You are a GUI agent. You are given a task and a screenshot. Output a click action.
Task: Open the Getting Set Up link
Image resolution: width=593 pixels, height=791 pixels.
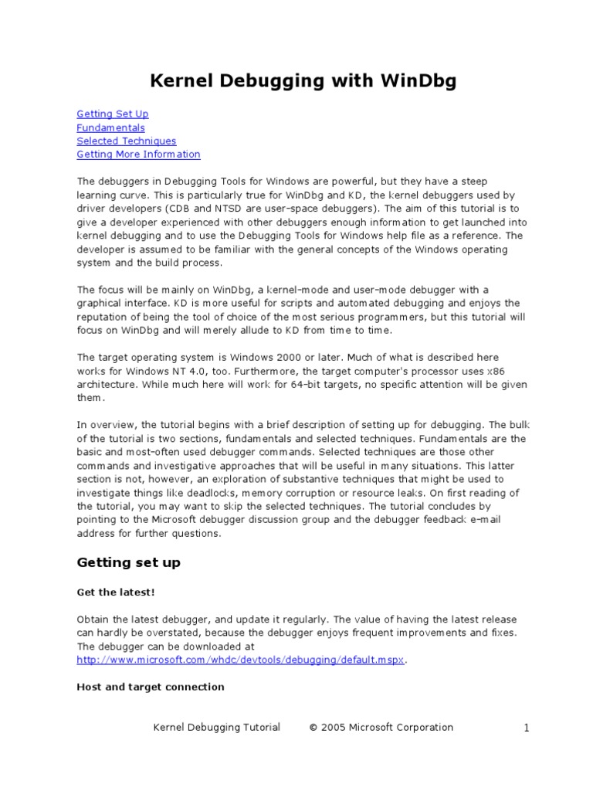(113, 114)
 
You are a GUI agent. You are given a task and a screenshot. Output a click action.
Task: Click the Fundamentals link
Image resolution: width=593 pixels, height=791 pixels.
(110, 127)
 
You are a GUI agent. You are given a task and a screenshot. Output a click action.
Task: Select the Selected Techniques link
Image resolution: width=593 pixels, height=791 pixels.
(126, 141)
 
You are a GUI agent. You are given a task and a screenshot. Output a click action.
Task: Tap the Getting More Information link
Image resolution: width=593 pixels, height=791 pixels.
(138, 154)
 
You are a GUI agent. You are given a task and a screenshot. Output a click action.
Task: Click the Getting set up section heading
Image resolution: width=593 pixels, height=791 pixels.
(128, 562)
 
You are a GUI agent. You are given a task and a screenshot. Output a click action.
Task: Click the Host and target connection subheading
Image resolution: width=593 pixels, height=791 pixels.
(151, 687)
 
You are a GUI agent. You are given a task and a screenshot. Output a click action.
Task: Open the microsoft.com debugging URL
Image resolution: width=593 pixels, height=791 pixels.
(240, 660)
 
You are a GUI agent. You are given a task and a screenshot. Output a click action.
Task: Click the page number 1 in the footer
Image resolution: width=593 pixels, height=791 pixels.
(526, 728)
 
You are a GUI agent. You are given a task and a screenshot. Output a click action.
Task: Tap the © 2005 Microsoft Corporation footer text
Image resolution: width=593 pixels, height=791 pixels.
(381, 728)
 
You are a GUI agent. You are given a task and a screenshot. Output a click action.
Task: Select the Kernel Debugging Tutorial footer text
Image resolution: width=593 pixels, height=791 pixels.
(217, 728)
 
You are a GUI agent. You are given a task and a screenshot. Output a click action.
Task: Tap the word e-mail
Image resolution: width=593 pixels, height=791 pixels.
(484, 519)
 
